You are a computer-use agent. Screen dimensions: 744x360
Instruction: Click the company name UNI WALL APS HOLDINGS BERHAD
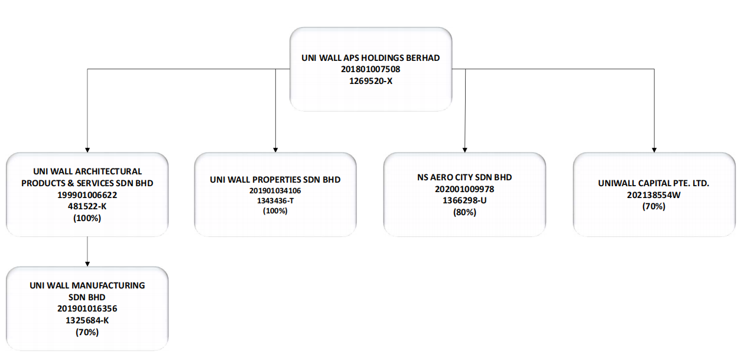click(x=371, y=58)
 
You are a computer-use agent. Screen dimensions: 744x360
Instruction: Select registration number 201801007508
click(x=371, y=69)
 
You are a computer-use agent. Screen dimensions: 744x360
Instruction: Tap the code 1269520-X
click(x=371, y=81)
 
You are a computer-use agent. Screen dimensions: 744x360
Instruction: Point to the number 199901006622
click(x=87, y=195)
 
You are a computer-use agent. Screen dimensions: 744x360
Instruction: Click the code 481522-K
click(x=87, y=206)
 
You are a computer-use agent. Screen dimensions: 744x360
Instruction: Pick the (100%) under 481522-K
click(x=87, y=218)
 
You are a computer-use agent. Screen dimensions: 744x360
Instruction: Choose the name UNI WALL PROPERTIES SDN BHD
click(x=275, y=180)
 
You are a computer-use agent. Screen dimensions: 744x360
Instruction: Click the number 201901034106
click(x=275, y=190)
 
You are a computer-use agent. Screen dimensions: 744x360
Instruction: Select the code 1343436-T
click(x=275, y=200)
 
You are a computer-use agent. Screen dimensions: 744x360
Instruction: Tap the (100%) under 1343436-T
click(x=275, y=211)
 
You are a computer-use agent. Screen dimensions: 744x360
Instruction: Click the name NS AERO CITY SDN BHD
click(x=464, y=177)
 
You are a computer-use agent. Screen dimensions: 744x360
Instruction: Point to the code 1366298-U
click(x=464, y=200)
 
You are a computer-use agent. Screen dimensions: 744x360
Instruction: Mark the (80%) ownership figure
click(x=464, y=212)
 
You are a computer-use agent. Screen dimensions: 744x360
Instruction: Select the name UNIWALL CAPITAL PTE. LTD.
click(x=654, y=183)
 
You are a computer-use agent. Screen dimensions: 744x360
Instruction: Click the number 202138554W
click(x=654, y=195)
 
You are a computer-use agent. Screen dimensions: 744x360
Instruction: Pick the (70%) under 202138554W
click(x=654, y=206)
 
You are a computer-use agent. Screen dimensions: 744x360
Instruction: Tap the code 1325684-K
click(x=87, y=320)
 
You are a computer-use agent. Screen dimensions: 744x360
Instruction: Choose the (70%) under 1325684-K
click(x=87, y=332)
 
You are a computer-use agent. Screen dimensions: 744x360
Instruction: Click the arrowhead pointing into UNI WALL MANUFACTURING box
click(x=87, y=264)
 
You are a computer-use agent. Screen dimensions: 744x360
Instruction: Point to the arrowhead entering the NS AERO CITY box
click(x=464, y=150)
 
